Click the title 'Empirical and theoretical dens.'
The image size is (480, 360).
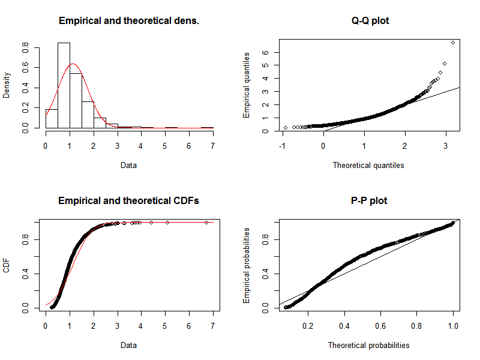[129, 21]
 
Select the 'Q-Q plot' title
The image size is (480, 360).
[369, 21]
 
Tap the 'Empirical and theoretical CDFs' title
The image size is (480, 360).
[129, 200]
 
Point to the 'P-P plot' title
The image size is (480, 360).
[369, 200]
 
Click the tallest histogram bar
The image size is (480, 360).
[64, 85]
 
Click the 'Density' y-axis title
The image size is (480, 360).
[7, 86]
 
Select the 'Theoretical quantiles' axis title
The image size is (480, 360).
[368, 165]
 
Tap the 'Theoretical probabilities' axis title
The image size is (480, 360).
[368, 345]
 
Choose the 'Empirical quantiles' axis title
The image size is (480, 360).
[247, 86]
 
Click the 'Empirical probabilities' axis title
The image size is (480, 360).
[247, 265]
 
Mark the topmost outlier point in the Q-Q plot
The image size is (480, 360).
[452, 42]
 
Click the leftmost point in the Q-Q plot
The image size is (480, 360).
[286, 127]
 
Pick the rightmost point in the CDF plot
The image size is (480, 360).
[206, 222]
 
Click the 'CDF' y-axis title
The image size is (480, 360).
[7, 266]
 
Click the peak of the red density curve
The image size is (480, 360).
[72, 64]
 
